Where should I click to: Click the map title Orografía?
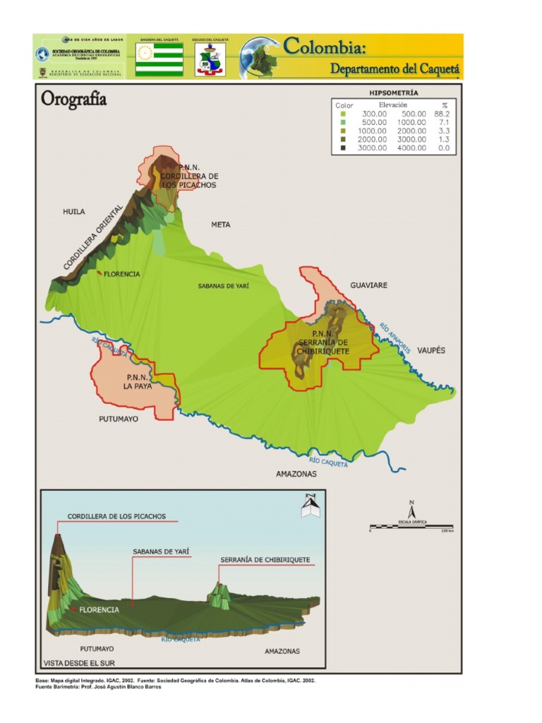coord(73,99)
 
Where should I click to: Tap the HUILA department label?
coord(73,211)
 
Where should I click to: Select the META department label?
coord(221,225)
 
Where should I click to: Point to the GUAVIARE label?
coord(369,285)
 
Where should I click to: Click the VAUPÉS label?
coord(430,350)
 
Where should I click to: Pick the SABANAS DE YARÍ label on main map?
coord(223,286)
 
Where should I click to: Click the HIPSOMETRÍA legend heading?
coord(394,92)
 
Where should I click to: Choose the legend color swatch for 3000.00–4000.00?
coord(343,148)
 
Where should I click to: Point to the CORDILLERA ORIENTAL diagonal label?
coord(93,237)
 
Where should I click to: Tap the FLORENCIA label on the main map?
coord(121,274)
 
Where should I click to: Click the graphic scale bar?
coord(411,527)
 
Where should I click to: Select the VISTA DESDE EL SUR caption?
coord(78,663)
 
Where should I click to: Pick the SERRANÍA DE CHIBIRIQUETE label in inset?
coord(265,560)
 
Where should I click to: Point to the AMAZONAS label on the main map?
coord(296,474)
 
